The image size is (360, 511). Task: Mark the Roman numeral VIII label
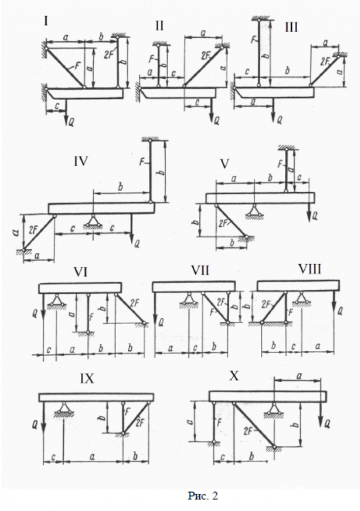click(x=310, y=271)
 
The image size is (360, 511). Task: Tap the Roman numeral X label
click(x=235, y=376)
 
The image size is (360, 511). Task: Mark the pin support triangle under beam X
click(x=274, y=408)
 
